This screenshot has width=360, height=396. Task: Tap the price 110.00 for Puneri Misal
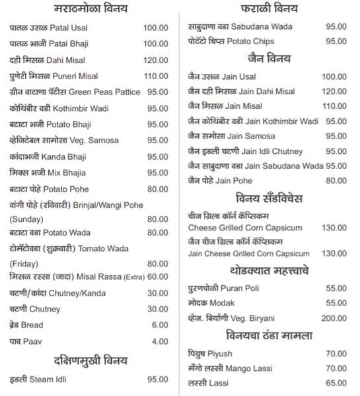pos(156,75)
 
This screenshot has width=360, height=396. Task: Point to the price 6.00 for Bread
pos(160,325)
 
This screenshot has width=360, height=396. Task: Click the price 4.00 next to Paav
pos(160,341)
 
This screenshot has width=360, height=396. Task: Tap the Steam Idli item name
pos(42,379)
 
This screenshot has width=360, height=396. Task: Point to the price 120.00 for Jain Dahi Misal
pos(334,92)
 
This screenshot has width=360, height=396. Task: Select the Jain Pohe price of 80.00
pos(336,180)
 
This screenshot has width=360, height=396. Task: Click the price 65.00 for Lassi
pos(336,383)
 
